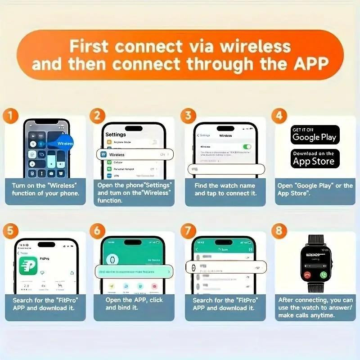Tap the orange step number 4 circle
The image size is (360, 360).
(x=279, y=116)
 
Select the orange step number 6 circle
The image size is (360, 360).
(x=98, y=231)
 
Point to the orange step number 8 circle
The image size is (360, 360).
(x=279, y=231)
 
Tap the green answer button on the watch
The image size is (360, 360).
(x=323, y=274)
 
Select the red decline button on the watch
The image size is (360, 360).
(x=307, y=274)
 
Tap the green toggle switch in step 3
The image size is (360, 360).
(x=247, y=147)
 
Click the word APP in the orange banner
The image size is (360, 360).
(x=307, y=64)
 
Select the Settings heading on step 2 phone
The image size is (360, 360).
(x=116, y=134)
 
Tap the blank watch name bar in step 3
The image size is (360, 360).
(x=226, y=169)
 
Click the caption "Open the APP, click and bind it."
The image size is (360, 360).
(x=134, y=304)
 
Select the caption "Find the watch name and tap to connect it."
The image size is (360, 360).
(x=225, y=189)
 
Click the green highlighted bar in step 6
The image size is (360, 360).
(x=134, y=272)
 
